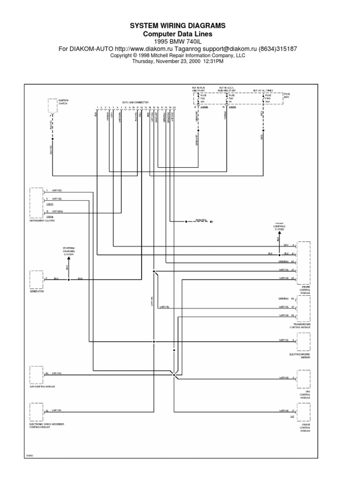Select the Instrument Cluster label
tap(43, 220)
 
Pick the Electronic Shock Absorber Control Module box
tap(37, 411)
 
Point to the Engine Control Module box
tap(303, 262)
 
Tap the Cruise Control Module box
tap(303, 411)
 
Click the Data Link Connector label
tap(135, 102)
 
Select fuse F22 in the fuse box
tap(202, 98)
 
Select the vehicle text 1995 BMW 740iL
tap(177, 41)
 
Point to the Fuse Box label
tap(286, 95)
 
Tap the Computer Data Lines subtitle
tap(177, 34)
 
